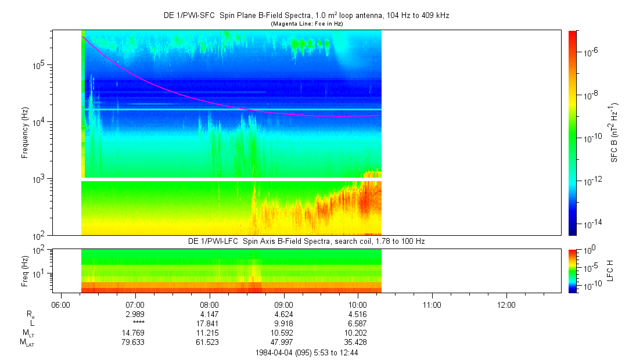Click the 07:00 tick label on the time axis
point(135,304)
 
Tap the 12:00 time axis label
point(506,304)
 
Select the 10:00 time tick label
point(358,304)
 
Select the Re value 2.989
point(135,314)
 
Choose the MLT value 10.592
point(283,333)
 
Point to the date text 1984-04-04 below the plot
point(275,352)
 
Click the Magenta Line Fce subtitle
point(306,23)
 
